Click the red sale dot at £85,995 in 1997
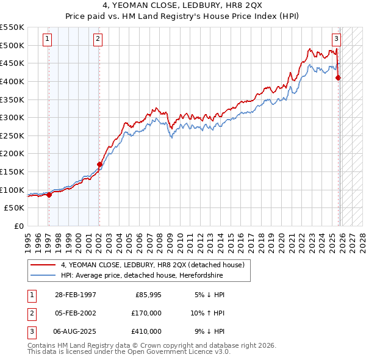[49, 195]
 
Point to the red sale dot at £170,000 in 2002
[99, 164]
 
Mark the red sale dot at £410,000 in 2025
[339, 77]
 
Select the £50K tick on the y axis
[15, 208]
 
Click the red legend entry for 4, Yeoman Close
[152, 265]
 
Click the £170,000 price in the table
[146, 313]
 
